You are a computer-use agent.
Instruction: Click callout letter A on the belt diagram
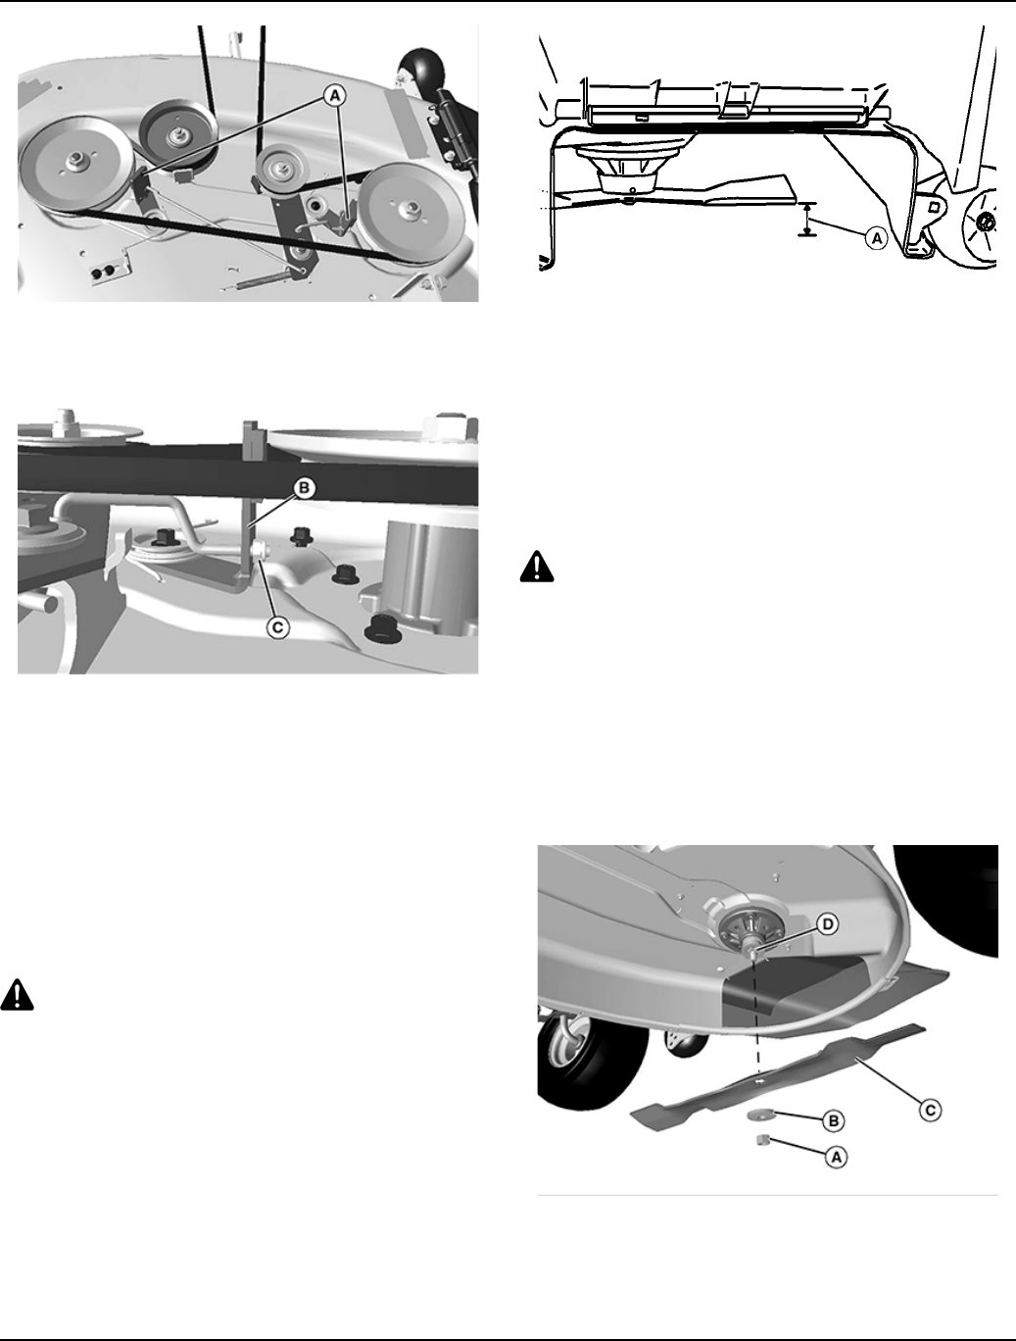pyautogui.click(x=335, y=95)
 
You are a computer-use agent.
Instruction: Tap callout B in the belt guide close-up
pyautogui.click(x=304, y=488)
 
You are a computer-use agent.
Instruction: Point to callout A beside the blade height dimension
pyautogui.click(x=876, y=238)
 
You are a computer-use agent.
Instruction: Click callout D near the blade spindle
pyautogui.click(x=827, y=924)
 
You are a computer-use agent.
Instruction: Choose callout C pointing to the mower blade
pyautogui.click(x=930, y=1110)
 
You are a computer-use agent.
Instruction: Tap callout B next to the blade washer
pyautogui.click(x=834, y=1121)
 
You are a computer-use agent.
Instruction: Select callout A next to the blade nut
pyautogui.click(x=836, y=1157)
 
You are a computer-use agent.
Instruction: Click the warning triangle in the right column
pyautogui.click(x=537, y=567)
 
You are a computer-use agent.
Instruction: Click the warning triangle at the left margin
pyautogui.click(x=17, y=995)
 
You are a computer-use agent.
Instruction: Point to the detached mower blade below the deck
pyautogui.click(x=778, y=1077)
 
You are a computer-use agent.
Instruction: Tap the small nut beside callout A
pyautogui.click(x=761, y=1140)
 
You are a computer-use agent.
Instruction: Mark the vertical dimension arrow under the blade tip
pyautogui.click(x=807, y=220)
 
